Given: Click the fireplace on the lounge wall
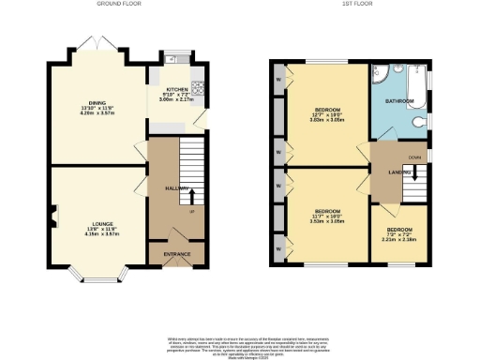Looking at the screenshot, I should point(55,215).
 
